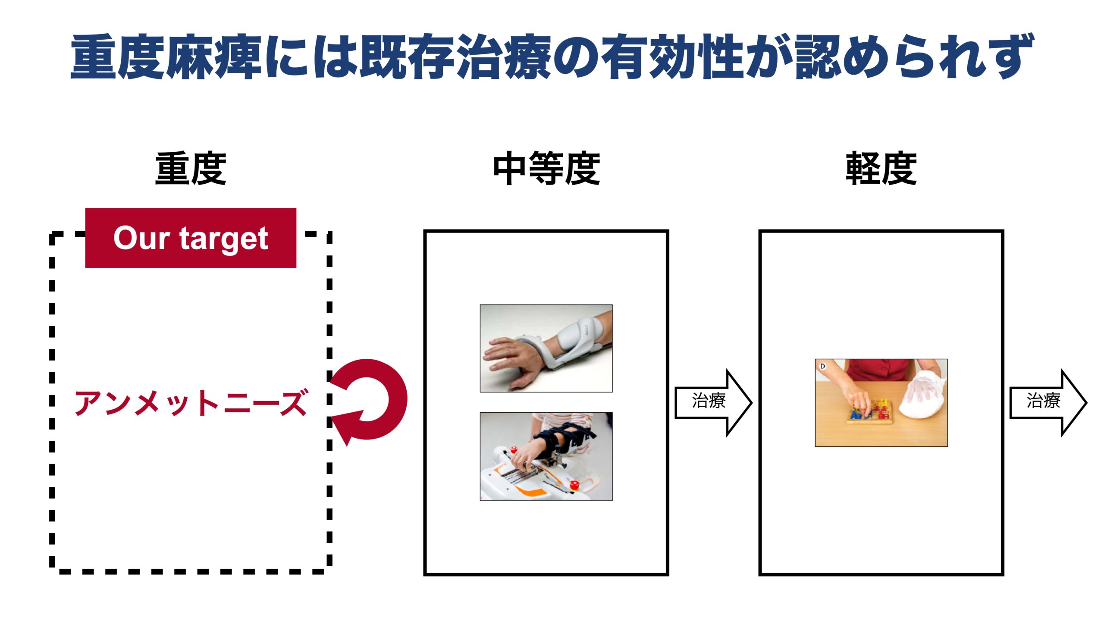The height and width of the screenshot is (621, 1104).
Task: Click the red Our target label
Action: point(191,238)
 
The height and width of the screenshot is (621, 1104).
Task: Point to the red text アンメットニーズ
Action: point(191,402)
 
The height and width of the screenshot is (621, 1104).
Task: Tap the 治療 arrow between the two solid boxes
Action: point(713,402)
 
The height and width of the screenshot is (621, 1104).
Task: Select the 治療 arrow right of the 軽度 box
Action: point(1048,402)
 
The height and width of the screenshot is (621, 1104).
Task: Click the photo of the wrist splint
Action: point(546,348)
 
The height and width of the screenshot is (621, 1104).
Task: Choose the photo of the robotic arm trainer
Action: point(546,456)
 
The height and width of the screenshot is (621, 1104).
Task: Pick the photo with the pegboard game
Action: point(881,402)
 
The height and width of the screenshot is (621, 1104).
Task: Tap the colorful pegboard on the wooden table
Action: point(870,412)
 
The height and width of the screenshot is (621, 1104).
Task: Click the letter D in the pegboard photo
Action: point(822,366)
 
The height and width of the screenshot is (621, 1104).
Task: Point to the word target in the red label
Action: point(224,239)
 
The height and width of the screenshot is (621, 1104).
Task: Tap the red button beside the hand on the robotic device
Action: point(513,451)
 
